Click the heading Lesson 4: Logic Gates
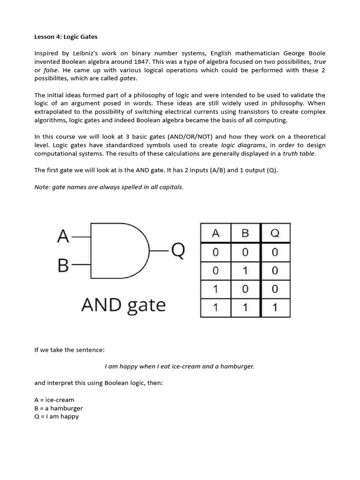coord(66,37)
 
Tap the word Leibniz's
coord(86,53)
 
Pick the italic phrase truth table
coord(300,154)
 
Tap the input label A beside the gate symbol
coord(63,237)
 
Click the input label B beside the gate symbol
coord(63,266)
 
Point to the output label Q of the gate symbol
coord(178,251)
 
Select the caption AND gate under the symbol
coord(123,305)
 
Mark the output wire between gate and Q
coord(158,251)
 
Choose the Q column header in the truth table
coord(275,233)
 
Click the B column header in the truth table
coord(245,233)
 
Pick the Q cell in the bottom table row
coord(275,308)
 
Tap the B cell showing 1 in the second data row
coord(245,270)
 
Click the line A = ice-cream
coord(54,400)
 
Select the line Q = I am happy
coord(57,416)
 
